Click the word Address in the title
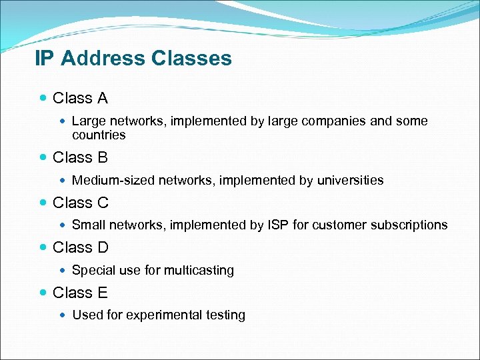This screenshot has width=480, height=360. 103,59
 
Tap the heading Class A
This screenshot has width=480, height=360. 80,99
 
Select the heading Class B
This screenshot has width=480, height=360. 80,157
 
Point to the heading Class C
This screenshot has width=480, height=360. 80,203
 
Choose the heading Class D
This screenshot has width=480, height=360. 80,247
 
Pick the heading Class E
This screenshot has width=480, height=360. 80,293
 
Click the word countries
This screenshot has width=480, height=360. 99,135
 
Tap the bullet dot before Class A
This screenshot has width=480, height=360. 43,99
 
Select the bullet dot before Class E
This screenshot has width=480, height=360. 43,293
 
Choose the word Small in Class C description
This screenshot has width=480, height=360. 87,225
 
